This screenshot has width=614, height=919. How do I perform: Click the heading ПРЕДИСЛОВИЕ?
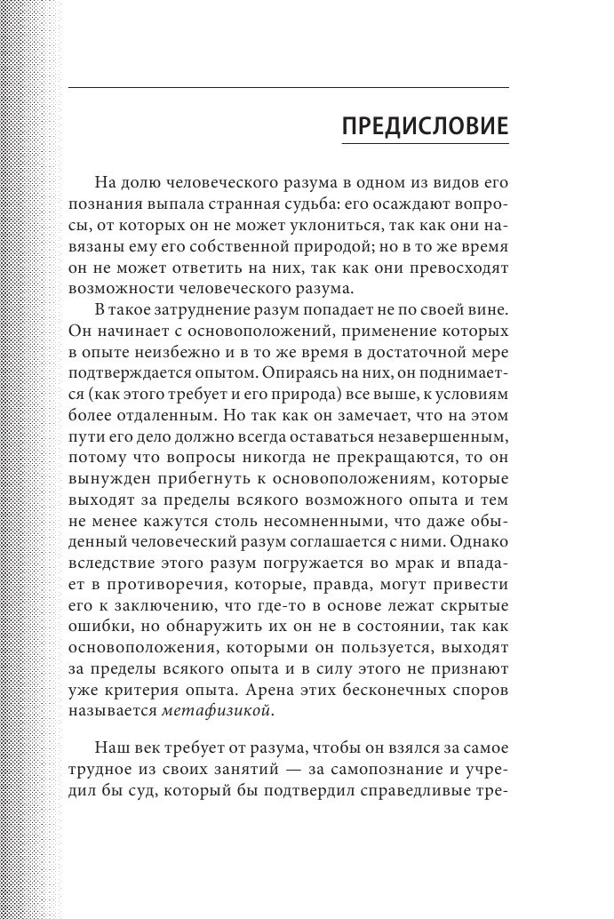tap(425, 126)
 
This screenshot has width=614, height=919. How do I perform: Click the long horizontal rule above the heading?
tap(288, 87)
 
